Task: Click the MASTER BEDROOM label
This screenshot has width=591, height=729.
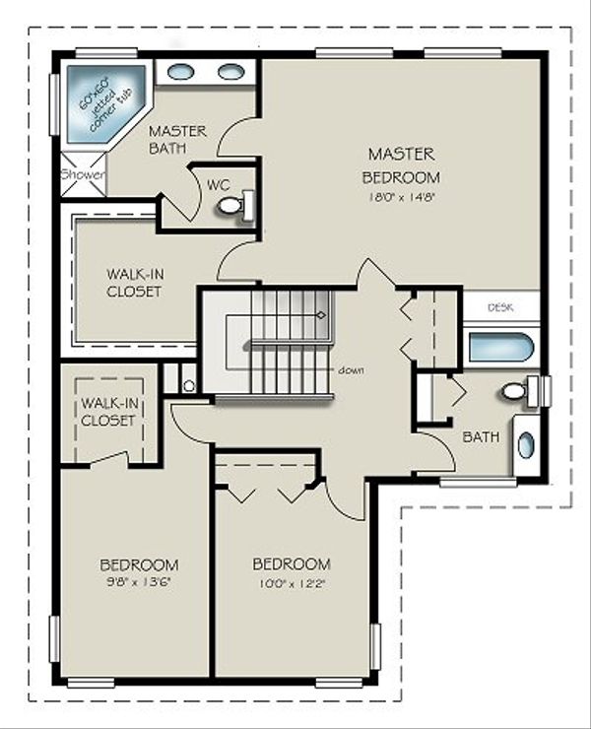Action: (x=401, y=166)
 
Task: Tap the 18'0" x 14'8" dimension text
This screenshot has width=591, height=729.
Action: (x=401, y=196)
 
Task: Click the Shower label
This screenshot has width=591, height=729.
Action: (x=82, y=174)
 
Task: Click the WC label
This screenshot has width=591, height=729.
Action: (x=218, y=182)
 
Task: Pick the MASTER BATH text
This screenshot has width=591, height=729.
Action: (x=177, y=139)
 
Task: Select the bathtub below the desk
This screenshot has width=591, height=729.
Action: (x=500, y=347)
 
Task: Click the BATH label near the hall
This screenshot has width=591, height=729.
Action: (x=481, y=436)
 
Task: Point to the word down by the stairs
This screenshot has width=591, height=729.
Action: (x=352, y=370)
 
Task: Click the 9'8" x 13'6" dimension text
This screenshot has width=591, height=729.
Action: (x=139, y=582)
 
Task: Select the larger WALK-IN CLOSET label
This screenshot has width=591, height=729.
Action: (x=134, y=282)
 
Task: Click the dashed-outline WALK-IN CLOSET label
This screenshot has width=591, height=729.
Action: (x=108, y=412)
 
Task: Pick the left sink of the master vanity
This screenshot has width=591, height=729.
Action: (x=180, y=72)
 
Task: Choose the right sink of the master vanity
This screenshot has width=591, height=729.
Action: (x=230, y=72)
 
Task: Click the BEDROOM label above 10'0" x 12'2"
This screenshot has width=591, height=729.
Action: (x=292, y=563)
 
